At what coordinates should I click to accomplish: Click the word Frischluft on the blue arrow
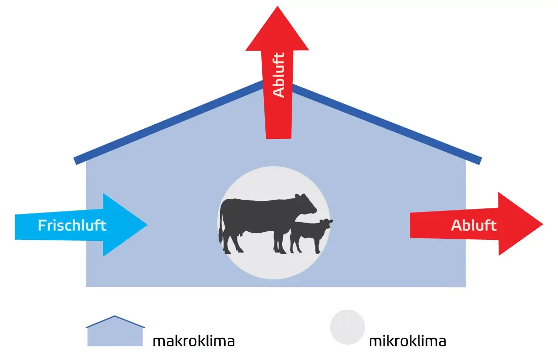pyautogui.click(x=72, y=225)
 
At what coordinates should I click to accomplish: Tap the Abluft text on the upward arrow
pyautogui.click(x=278, y=75)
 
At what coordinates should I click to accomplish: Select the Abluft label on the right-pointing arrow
pyautogui.click(x=473, y=225)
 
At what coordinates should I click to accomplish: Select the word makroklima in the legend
pyautogui.click(x=194, y=341)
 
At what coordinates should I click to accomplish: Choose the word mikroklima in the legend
pyautogui.click(x=407, y=341)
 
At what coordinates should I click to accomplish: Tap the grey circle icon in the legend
pyautogui.click(x=347, y=327)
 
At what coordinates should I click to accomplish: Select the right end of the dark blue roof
pyautogui.click(x=479, y=160)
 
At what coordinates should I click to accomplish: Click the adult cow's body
pyautogui.click(x=259, y=215)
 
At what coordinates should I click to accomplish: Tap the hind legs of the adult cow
pyautogui.click(x=231, y=242)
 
